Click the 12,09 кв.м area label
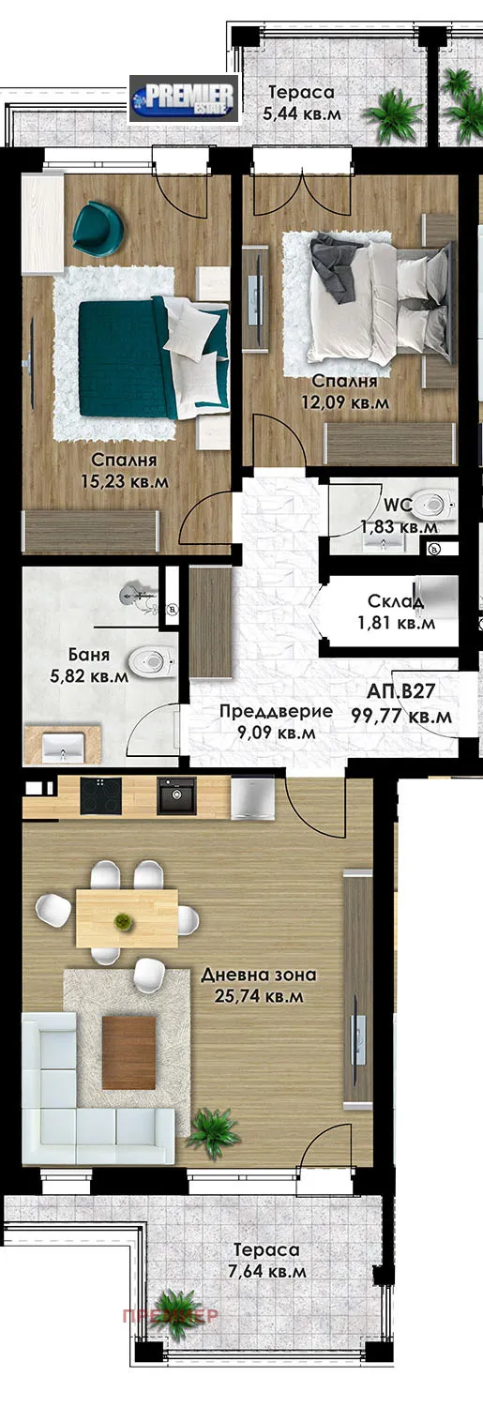point(345,402)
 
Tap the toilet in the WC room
point(431,506)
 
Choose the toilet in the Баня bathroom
point(150,662)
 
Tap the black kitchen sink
point(176,796)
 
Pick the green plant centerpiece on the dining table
point(122,921)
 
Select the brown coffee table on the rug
point(128,1052)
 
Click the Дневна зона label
point(258,975)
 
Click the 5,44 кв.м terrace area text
point(301,114)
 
